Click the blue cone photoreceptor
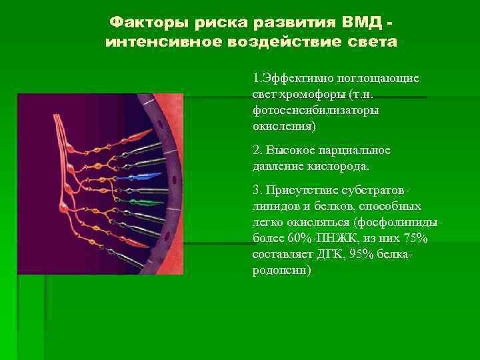point(150,177)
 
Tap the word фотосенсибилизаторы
point(315,109)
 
